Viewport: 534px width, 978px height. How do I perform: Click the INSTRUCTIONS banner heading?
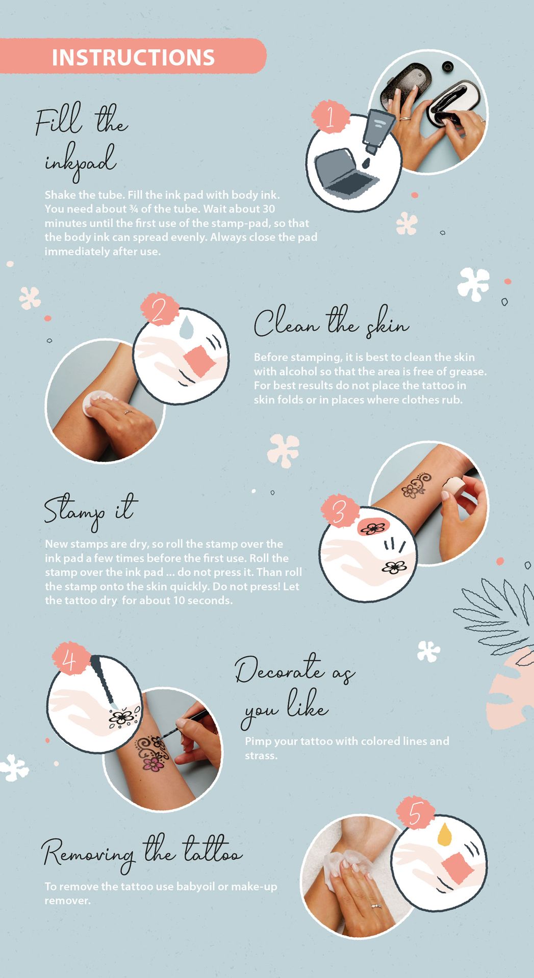(133, 57)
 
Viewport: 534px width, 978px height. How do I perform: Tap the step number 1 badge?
(330, 117)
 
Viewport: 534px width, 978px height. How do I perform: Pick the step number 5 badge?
(415, 813)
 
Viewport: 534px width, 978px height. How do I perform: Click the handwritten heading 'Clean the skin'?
(332, 322)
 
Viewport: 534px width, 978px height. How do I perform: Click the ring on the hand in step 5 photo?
(376, 905)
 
